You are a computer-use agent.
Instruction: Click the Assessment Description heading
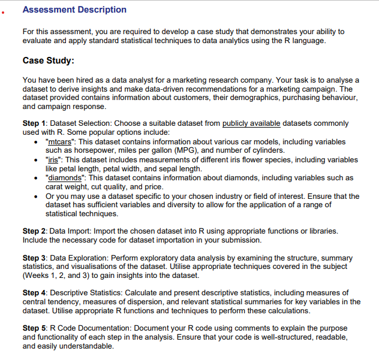point(74,10)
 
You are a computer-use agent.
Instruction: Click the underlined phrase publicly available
point(251,123)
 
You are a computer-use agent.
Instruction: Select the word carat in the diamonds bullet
point(56,187)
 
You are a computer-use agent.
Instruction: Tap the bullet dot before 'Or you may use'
point(39,196)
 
